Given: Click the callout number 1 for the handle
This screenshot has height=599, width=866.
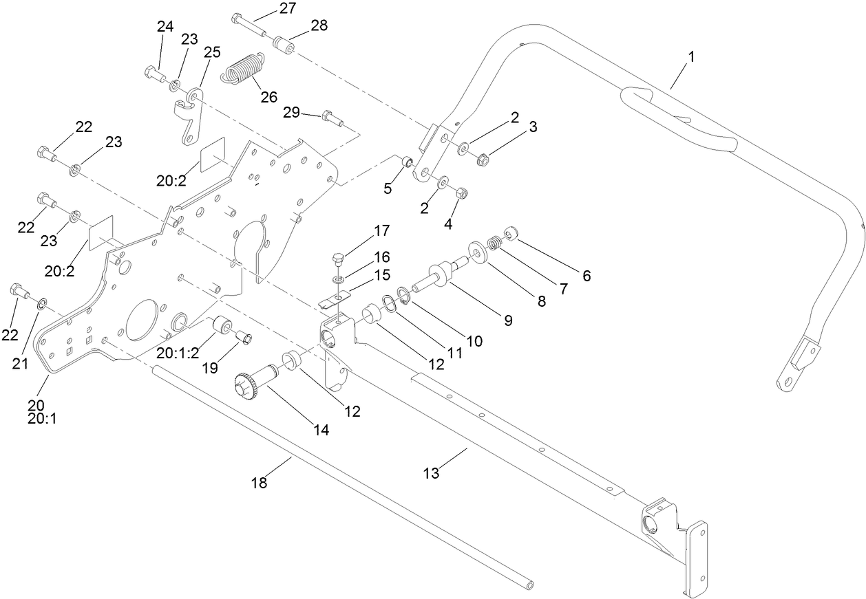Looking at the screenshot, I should point(691,57).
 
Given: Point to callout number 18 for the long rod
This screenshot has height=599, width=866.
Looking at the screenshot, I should point(258,483).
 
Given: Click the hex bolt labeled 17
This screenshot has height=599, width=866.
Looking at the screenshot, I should point(337,261).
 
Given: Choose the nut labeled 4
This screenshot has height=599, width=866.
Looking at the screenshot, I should point(462,194).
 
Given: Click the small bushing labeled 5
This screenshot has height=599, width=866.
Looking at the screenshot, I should point(408,163).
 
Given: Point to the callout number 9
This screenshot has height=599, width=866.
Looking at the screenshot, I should point(507,320).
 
